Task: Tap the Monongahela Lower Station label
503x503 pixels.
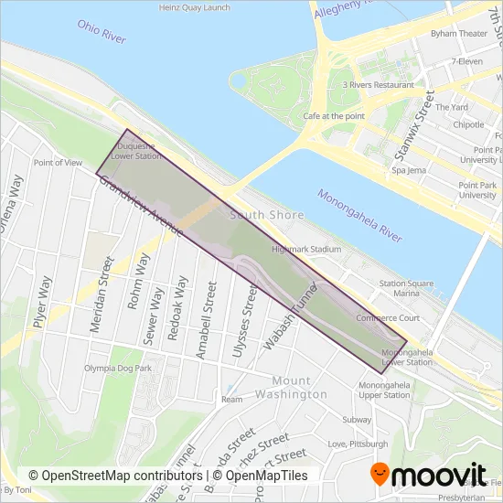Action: coord(406,357)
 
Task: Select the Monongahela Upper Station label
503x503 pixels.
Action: coord(384,390)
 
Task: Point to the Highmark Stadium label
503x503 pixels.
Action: coord(306,249)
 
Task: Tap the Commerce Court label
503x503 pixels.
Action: coord(387,318)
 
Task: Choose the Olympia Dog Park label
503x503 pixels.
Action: coord(117,368)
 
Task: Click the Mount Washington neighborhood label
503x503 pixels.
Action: coord(299,387)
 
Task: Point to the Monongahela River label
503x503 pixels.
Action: coord(359,215)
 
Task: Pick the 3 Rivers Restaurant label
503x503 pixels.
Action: coord(378,85)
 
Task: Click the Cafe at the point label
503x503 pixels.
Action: coord(334,116)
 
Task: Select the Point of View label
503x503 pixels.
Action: coord(58,163)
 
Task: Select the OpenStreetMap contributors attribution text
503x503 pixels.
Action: coord(115,476)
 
